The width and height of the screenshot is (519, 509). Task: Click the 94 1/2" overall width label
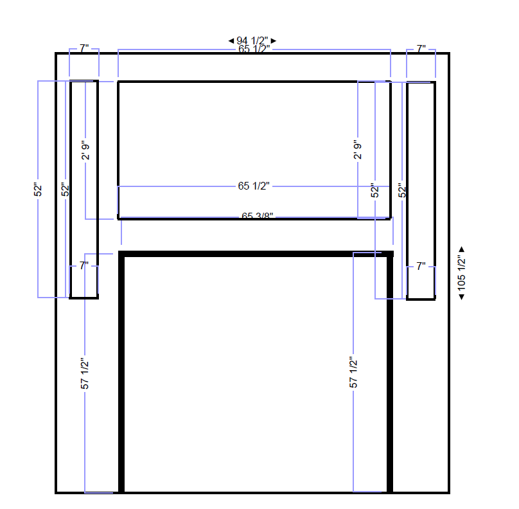(252, 41)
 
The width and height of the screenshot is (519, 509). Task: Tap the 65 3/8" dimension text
(258, 216)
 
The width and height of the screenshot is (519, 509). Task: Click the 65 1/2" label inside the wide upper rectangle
(254, 186)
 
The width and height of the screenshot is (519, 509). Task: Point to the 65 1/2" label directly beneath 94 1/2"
(254, 49)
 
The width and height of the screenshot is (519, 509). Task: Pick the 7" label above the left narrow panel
(84, 49)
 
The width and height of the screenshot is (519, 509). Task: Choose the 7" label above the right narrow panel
(421, 49)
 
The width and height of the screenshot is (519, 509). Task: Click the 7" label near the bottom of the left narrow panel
(84, 265)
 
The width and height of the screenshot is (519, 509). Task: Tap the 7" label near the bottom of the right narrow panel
(421, 265)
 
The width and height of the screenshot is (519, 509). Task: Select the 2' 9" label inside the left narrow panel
(85, 150)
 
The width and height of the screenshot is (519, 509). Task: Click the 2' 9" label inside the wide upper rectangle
(358, 150)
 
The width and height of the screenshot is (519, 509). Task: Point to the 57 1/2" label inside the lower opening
(353, 373)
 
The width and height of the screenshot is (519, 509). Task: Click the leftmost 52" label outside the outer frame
(38, 190)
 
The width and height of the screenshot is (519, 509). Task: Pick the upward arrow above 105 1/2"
(461, 249)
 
